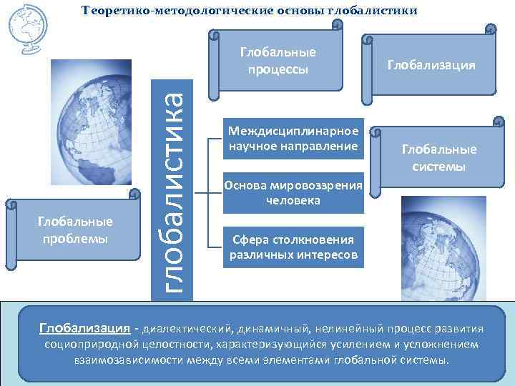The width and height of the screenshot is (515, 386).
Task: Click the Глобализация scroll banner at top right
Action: pyautogui.click(x=431, y=65)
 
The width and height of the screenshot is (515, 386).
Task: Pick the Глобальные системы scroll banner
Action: pyautogui.click(x=438, y=158)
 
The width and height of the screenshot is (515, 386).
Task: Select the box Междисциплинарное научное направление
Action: pyautogui.click(x=293, y=139)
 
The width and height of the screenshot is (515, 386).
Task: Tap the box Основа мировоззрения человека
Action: pyautogui.click(x=293, y=193)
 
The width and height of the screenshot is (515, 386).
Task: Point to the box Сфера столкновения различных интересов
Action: pyautogui.click(x=293, y=247)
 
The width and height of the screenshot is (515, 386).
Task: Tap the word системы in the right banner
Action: pyautogui.click(x=438, y=166)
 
